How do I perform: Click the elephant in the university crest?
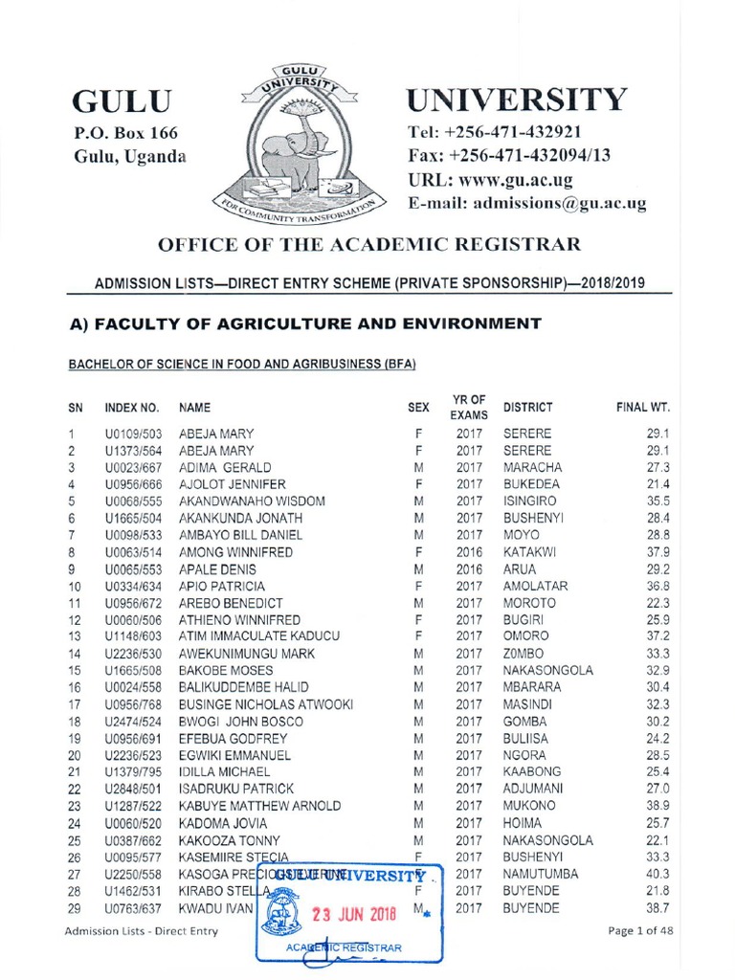[x=292, y=153]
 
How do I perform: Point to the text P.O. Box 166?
[x=126, y=133]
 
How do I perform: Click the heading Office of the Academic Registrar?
[x=368, y=244]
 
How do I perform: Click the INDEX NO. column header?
[x=131, y=408]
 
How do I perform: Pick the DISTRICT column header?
[x=527, y=408]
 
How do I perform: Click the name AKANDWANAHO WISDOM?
[x=252, y=501]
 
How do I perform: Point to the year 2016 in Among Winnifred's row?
[x=468, y=552]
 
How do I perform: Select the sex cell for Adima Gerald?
[x=417, y=468]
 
